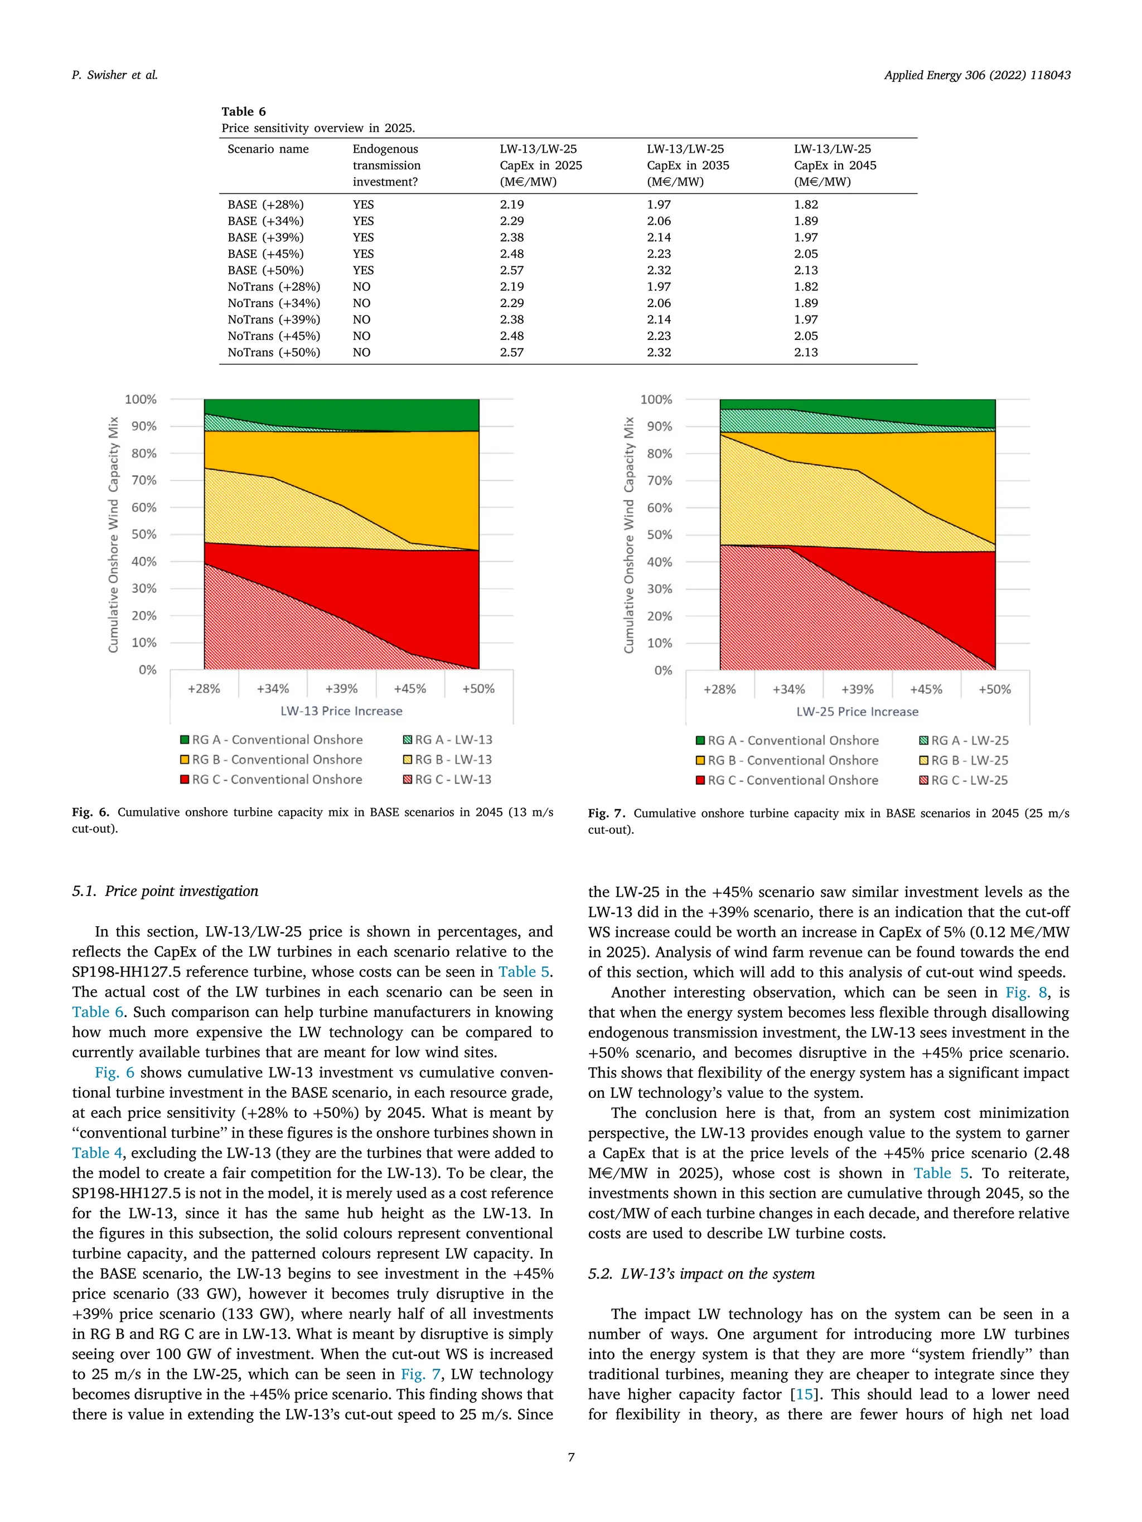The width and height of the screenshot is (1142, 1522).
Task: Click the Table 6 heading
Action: (x=243, y=111)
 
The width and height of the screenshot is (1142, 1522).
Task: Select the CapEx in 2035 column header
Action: (x=687, y=165)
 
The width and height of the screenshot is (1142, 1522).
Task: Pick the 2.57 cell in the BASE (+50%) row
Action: (x=511, y=270)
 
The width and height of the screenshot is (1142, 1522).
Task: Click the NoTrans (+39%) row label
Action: (x=273, y=319)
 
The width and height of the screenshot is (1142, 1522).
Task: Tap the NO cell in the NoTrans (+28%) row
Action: (x=361, y=287)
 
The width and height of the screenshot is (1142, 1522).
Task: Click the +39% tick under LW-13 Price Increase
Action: (x=341, y=689)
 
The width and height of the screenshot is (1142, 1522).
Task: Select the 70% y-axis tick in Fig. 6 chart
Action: (x=144, y=480)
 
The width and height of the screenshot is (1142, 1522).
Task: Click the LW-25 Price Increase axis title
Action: (x=857, y=712)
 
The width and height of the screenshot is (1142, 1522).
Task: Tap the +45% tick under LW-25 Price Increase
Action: (x=926, y=689)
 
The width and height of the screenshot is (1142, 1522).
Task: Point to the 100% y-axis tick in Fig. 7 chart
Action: (x=655, y=399)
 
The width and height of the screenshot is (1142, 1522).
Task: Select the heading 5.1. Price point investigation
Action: (x=165, y=891)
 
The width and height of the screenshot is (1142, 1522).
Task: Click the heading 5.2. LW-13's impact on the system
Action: (x=701, y=1273)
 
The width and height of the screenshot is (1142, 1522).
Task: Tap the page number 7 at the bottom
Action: (x=570, y=1457)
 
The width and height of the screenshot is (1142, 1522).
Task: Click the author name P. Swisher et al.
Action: (x=115, y=75)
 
